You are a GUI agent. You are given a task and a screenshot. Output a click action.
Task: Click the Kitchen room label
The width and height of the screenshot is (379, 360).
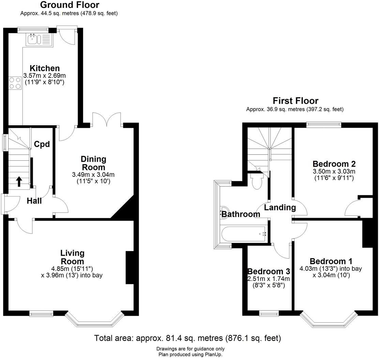(x=45, y=68)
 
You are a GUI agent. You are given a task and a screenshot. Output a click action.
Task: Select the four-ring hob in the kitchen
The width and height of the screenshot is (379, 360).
(x=15, y=83)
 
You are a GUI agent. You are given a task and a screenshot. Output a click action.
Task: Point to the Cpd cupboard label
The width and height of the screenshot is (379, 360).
(x=42, y=144)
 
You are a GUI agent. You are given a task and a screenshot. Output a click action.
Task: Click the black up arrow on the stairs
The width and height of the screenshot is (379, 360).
(x=19, y=182)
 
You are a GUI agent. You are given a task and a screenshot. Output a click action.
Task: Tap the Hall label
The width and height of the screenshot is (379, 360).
(x=34, y=201)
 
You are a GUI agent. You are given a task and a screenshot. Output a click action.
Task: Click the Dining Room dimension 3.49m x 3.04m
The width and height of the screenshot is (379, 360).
(x=93, y=174)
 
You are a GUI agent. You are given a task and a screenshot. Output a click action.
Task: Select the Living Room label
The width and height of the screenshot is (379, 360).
(x=72, y=257)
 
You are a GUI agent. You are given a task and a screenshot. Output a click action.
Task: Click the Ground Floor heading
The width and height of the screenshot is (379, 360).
(x=70, y=5)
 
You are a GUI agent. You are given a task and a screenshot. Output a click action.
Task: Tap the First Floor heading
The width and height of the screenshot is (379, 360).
(x=295, y=101)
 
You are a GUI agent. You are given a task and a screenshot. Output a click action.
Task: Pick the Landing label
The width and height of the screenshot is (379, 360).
(x=280, y=207)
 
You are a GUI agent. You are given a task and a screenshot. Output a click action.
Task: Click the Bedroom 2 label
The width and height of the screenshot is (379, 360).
(x=334, y=164)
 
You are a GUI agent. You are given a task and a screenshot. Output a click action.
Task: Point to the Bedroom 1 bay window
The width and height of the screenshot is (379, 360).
(x=329, y=322)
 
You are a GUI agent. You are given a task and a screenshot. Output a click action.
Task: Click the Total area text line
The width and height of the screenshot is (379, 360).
(x=187, y=338)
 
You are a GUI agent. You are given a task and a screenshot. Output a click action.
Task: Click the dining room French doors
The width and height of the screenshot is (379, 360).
(x=106, y=119)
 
